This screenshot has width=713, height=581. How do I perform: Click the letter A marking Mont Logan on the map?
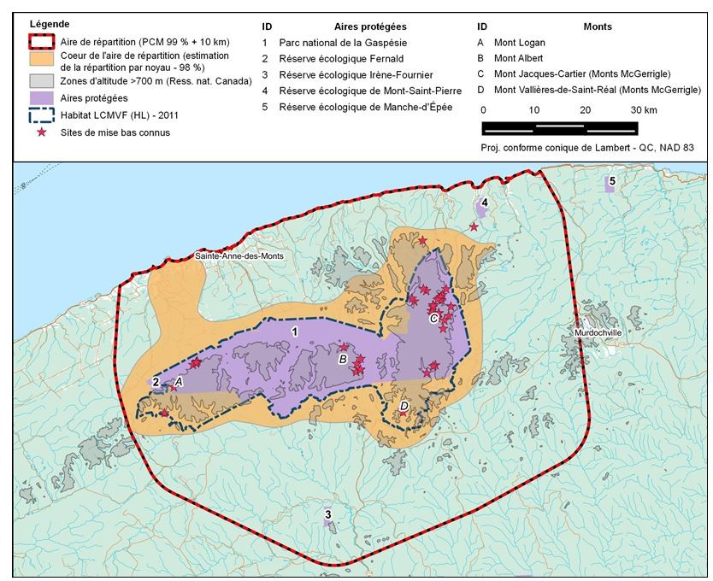[x=179, y=382]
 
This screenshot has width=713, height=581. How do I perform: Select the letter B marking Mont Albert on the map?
[x=343, y=360]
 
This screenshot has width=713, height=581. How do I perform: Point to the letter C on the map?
[x=433, y=318]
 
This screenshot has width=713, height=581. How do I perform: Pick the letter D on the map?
[x=404, y=406]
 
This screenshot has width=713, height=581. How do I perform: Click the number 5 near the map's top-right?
[x=612, y=180]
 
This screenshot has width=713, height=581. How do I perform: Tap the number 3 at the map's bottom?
[x=327, y=514]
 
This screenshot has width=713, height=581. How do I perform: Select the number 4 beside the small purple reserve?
[x=484, y=202]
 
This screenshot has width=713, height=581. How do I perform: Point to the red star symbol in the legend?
[x=40, y=132]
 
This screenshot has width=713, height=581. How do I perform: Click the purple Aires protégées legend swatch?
[x=40, y=98]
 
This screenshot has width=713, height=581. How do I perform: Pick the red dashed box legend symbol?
[x=40, y=42]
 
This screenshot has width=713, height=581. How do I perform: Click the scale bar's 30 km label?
[x=643, y=110]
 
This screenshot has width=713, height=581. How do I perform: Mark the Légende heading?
[x=49, y=24]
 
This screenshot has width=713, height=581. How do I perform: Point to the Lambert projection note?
[x=587, y=148]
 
